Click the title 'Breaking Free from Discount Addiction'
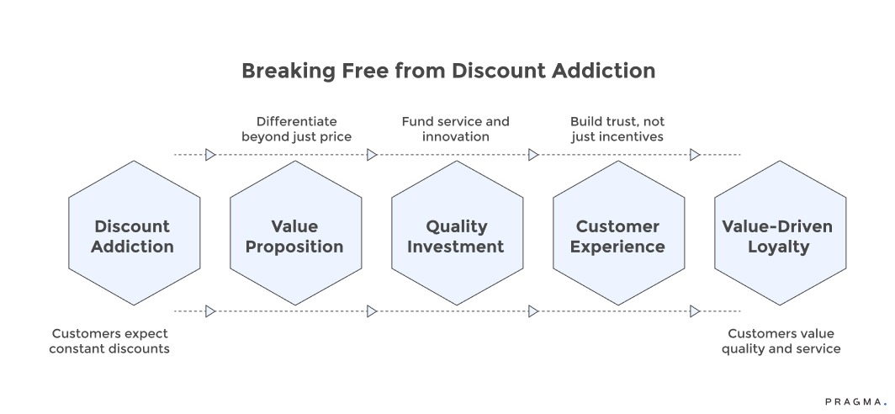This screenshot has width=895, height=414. click(x=447, y=71)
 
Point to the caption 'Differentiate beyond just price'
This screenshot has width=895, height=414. click(x=296, y=129)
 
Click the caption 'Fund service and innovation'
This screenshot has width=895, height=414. click(x=455, y=129)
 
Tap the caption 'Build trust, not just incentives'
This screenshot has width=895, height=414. click(x=617, y=129)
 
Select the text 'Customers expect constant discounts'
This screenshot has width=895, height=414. click(x=109, y=341)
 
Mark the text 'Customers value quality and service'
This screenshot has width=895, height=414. click(x=781, y=341)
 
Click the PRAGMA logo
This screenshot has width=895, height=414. click(x=854, y=401)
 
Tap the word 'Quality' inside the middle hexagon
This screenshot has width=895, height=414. click(x=457, y=226)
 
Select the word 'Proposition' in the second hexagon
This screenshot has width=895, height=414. click(x=295, y=247)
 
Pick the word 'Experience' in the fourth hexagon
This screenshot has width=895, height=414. click(x=618, y=247)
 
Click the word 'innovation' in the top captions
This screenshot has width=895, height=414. click(x=455, y=136)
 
